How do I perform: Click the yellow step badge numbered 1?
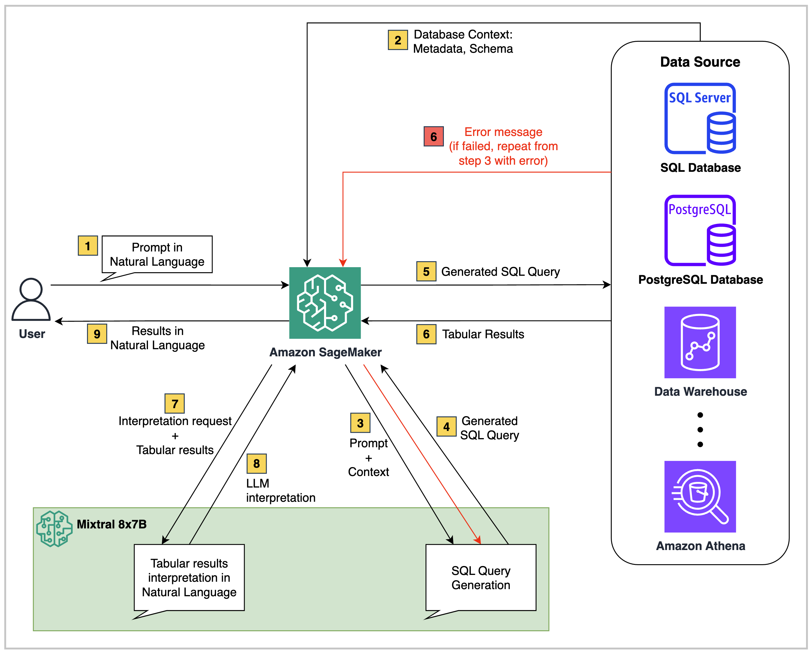[88, 246]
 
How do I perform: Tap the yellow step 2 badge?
[398, 40]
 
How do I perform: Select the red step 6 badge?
[434, 137]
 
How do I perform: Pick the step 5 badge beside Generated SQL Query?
[426, 271]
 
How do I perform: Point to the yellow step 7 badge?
[174, 404]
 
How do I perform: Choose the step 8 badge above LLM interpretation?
[257, 463]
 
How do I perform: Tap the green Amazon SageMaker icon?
[325, 303]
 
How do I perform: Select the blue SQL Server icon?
[700, 118]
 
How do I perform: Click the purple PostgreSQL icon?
[700, 230]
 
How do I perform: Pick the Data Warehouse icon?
[700, 342]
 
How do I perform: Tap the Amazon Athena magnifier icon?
[700, 496]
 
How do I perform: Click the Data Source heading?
[700, 62]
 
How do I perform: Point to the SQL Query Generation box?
[481, 578]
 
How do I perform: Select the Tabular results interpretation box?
[189, 578]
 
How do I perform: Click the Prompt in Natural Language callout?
[157, 254]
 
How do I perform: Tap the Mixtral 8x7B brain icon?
[54, 528]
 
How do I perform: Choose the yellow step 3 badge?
[360, 423]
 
